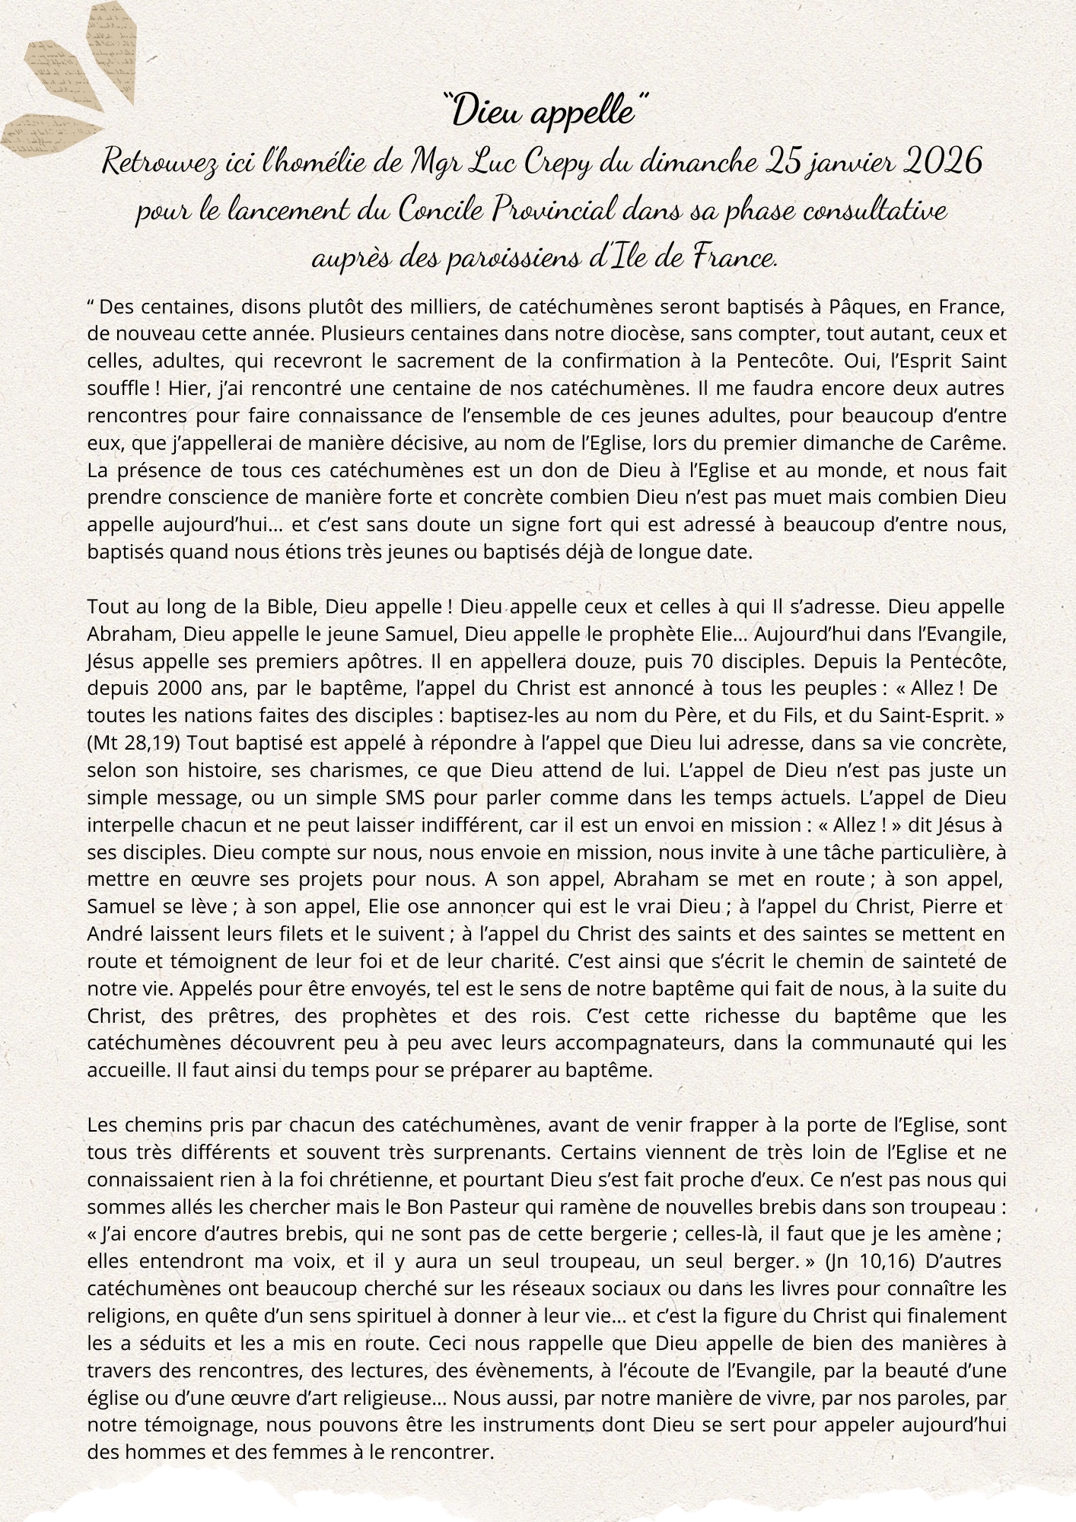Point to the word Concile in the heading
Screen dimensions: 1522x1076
(x=441, y=211)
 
